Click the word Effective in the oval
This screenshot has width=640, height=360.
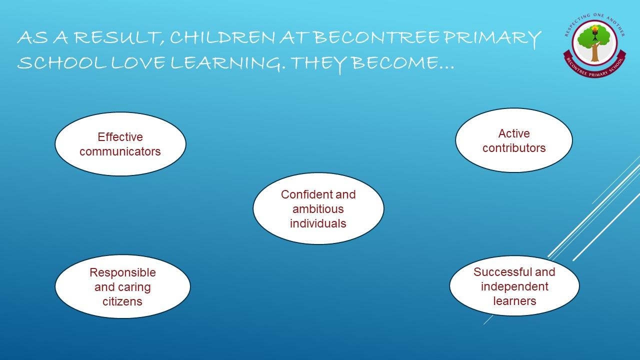coord(120,137)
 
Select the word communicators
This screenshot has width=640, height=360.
coord(120,151)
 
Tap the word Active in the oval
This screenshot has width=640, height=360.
coord(514,133)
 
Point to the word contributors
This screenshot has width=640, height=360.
coord(514,148)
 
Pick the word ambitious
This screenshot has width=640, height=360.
coord(318,209)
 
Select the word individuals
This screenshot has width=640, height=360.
coord(318,223)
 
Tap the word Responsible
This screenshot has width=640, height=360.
coord(122,272)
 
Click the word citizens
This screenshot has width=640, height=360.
coord(122,301)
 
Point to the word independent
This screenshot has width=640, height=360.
coord(514,286)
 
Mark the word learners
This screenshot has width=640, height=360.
coord(514,301)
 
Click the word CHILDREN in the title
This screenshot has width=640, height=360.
coord(223,38)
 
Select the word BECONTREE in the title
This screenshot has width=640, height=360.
coord(377,37)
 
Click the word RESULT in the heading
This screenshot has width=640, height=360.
coord(120,38)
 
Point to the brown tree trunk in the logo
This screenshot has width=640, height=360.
coord(595,53)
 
